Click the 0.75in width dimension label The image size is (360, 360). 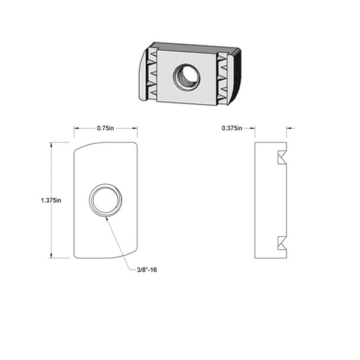105,128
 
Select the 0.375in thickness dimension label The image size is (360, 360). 232,128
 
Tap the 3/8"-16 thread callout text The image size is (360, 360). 146,269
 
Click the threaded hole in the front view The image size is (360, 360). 105,200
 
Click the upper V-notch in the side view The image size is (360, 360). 281,158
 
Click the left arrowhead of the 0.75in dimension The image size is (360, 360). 76,128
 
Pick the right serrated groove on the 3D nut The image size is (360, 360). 222,77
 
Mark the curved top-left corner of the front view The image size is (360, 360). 80,147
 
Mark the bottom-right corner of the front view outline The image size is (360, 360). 136,257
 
